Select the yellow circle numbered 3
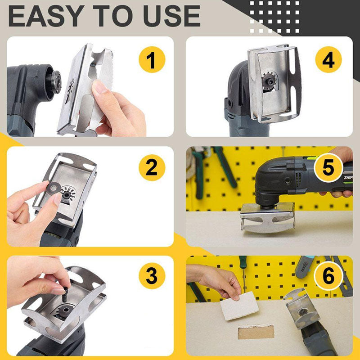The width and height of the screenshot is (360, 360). (151, 276)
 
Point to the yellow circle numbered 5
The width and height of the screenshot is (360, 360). (328, 167)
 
